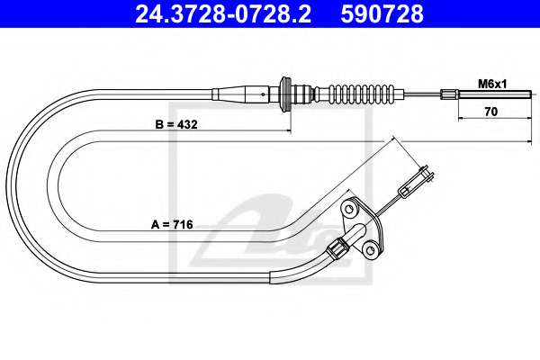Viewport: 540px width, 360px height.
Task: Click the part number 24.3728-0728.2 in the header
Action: click(x=223, y=14)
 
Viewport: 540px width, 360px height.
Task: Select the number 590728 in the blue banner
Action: click(x=382, y=14)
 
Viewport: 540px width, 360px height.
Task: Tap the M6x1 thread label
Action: click(x=492, y=84)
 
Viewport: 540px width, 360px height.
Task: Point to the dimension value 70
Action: click(x=491, y=112)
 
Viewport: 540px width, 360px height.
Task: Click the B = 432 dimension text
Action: click(x=176, y=124)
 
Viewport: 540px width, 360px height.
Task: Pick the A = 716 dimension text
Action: click(x=172, y=225)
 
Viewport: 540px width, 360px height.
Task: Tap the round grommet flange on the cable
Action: click(x=285, y=94)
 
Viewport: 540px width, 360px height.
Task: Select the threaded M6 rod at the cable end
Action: click(x=495, y=94)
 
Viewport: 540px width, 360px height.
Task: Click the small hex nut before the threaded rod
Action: click(x=449, y=94)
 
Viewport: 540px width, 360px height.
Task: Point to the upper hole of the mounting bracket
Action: click(x=349, y=208)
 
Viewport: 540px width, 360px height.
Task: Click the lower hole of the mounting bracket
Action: click(x=370, y=250)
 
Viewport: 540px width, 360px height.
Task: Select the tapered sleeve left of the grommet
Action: click(x=240, y=94)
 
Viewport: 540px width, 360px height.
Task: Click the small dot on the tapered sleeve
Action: click(x=263, y=94)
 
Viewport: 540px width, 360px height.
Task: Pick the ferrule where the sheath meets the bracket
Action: click(x=337, y=249)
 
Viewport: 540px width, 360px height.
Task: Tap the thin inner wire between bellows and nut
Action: click(x=423, y=94)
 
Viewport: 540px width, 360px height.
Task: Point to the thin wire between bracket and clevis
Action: click(x=389, y=207)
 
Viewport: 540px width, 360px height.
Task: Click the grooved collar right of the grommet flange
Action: click(x=303, y=94)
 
